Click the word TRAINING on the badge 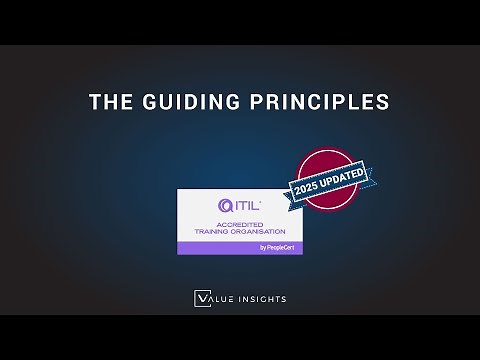[x=211, y=231]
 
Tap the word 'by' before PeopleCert [x=262, y=247]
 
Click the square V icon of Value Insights [x=201, y=297]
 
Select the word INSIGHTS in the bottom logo [x=262, y=297]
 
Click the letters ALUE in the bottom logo [x=223, y=297]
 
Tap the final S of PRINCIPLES [x=383, y=102]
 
